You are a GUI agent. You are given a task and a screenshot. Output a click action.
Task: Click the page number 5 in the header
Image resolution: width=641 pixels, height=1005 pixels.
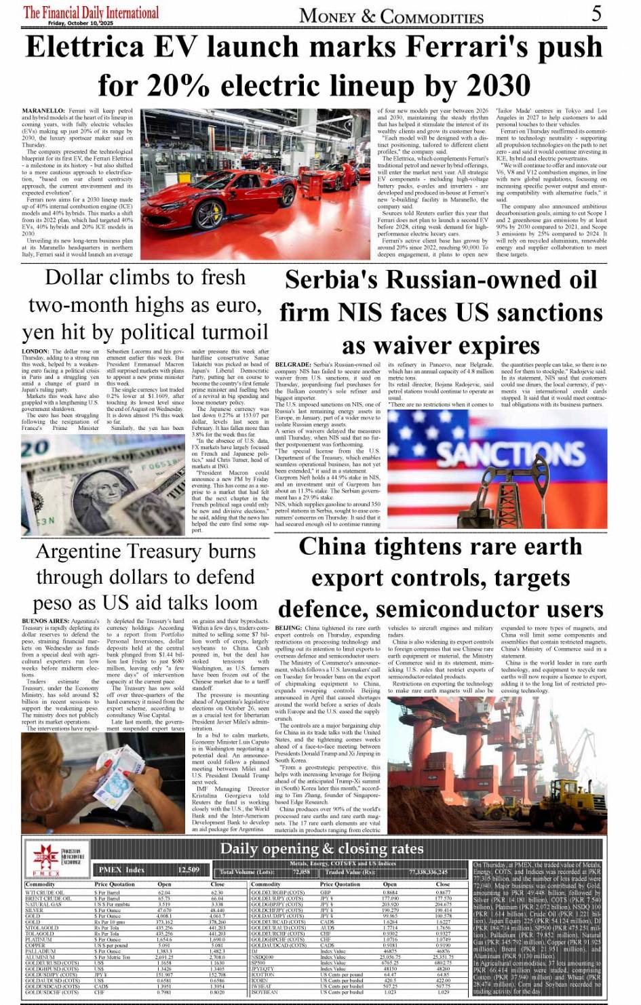tap(596, 13)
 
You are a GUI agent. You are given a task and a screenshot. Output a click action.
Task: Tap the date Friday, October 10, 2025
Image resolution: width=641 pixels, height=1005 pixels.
tap(81, 23)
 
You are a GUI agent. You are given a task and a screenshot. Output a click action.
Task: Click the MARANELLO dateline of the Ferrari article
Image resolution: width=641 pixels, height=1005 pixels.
tap(43, 111)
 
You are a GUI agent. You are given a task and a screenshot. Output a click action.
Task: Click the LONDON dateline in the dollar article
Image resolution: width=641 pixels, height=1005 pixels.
tap(35, 352)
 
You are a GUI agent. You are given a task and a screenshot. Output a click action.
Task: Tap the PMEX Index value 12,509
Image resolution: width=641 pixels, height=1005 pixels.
tap(189, 869)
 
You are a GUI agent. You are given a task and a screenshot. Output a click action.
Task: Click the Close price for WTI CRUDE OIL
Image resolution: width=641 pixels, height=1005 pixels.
tap(217, 892)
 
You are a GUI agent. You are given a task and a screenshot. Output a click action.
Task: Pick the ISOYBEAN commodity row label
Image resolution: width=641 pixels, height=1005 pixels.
tap(265, 992)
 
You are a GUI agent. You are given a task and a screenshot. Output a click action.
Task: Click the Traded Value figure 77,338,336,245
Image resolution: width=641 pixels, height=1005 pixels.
tap(428, 872)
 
